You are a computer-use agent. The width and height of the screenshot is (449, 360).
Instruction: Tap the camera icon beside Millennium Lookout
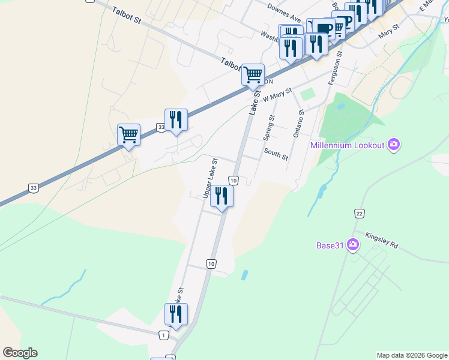pos(394,144)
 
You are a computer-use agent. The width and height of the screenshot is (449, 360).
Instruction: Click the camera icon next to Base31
pos(352,245)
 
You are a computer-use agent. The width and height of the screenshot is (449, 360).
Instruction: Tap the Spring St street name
pos(270,127)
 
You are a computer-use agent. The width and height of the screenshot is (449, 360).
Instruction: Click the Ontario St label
pos(299,123)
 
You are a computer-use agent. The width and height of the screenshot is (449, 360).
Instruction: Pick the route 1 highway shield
pos(163,334)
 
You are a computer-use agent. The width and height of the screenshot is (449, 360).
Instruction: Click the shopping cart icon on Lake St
pos(253,75)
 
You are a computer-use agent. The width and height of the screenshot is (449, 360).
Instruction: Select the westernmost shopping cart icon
pos(129,134)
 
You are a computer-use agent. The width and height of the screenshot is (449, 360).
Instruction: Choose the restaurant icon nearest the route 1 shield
pos(176,314)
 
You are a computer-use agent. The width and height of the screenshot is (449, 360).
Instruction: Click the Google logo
pos(20,353)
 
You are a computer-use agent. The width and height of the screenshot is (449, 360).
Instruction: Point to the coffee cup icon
pos(324,28)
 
